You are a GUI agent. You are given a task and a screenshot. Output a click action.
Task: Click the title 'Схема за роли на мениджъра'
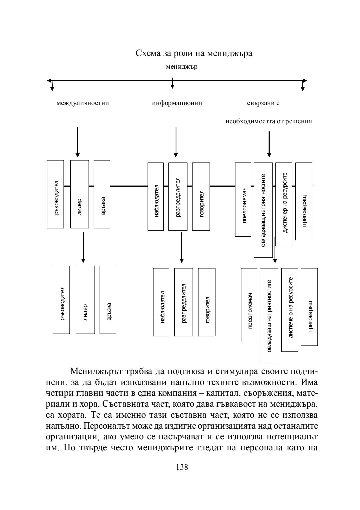tap(194, 53)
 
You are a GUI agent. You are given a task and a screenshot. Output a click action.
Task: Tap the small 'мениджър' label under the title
tap(182, 67)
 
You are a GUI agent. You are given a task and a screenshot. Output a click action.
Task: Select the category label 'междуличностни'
tap(83, 103)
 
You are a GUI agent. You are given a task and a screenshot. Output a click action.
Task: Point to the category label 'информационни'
tap(177, 103)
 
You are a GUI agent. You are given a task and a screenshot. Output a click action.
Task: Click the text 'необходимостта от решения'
tap(269, 121)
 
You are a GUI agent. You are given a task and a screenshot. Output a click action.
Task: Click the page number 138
tap(182, 467)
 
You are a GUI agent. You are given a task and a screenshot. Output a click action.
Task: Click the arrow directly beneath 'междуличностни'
tap(78, 142)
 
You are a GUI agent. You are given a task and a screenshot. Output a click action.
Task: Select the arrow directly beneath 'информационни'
tap(176, 142)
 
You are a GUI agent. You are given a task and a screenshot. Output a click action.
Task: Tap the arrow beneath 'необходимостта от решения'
tap(269, 144)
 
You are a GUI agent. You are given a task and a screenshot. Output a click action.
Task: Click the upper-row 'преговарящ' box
tap(304, 201)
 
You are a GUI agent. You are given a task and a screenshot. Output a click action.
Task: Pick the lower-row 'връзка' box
tap(108, 300)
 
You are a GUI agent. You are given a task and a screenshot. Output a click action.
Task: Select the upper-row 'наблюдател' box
tap(156, 197)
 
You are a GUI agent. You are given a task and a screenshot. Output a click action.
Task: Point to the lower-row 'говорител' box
tap(207, 302)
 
